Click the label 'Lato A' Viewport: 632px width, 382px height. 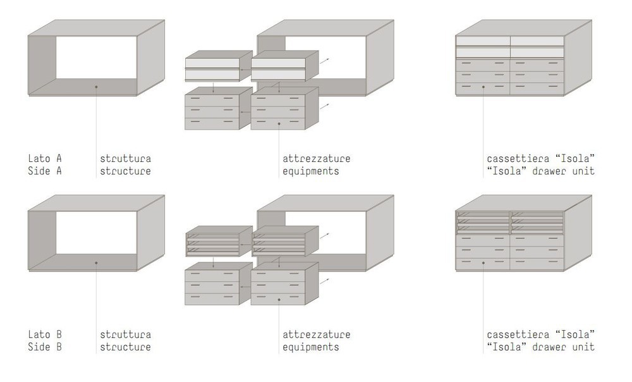[45, 158]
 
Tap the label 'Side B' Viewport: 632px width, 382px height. [45, 347]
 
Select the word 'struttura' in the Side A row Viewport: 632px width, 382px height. [125, 158]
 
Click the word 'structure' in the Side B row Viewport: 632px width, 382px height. [125, 347]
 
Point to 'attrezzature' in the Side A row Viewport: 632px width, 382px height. [317, 158]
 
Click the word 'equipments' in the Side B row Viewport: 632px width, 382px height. [311, 347]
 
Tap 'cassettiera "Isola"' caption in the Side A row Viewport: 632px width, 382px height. [541, 158]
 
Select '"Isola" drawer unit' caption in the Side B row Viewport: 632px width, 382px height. [541, 347]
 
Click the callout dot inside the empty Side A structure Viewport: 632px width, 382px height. [96, 87]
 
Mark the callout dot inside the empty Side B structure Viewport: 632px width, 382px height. [96, 262]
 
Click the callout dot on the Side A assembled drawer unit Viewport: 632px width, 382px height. [483, 87]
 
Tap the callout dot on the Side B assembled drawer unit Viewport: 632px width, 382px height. [483, 262]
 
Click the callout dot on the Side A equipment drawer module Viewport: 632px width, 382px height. [279, 124]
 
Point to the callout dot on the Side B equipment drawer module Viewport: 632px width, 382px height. [279, 299]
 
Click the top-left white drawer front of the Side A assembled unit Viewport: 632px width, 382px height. [483, 41]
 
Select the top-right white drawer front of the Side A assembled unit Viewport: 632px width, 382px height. [537, 41]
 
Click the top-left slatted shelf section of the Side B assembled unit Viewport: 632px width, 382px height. [483, 223]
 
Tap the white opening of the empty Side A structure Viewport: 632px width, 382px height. [96, 58]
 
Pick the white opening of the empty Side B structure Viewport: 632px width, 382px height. [96, 233]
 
